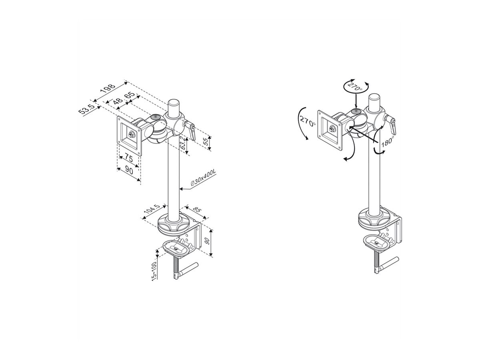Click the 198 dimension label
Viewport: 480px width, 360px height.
(x=108, y=89)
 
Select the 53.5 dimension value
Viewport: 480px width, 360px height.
(x=86, y=109)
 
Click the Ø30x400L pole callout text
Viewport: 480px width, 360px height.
(x=203, y=178)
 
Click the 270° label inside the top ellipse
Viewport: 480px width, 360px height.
(x=354, y=86)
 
